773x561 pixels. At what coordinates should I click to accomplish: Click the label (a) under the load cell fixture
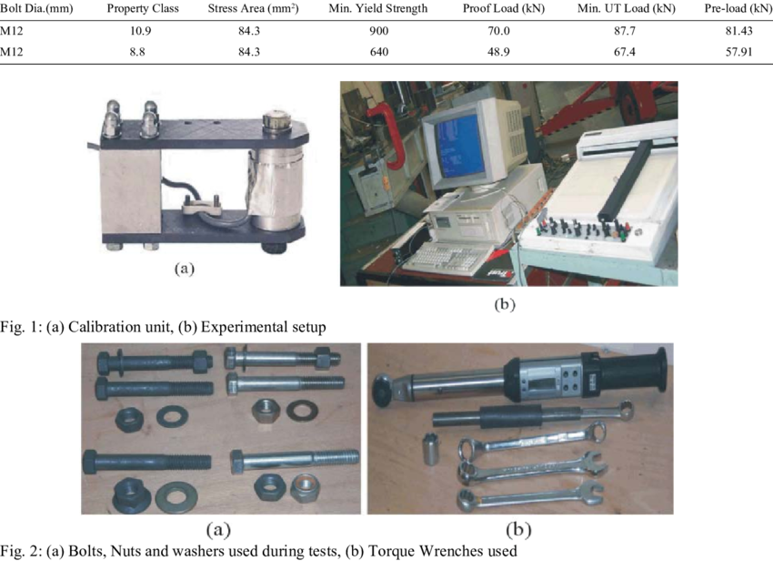coord(184,269)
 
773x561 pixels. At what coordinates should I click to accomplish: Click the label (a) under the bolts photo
coord(217,529)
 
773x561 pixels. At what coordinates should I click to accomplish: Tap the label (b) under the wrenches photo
coord(518,529)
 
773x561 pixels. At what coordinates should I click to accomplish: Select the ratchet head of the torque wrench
coord(384,388)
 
